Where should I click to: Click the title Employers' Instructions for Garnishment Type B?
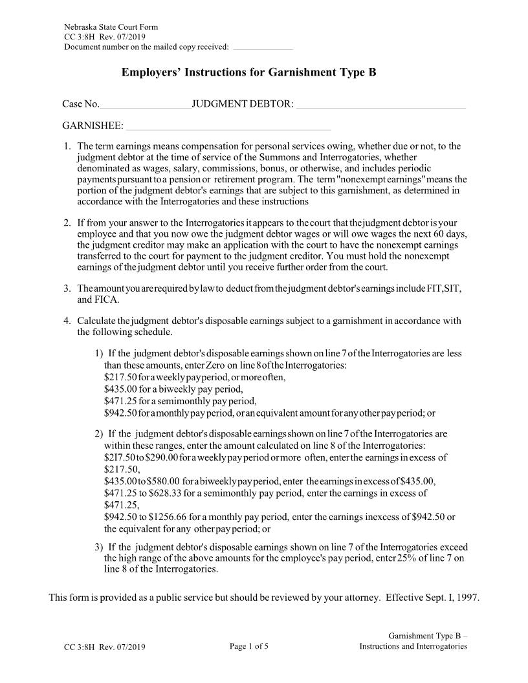(x=248, y=73)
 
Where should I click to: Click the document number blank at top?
(x=262, y=48)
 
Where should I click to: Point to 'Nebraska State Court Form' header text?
(x=111, y=27)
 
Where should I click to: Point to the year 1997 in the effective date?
(x=467, y=598)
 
